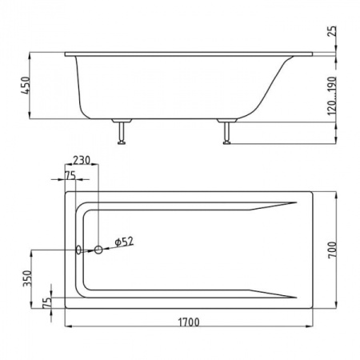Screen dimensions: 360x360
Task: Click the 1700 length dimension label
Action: [x=189, y=322]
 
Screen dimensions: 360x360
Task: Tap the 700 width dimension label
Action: [x=332, y=250]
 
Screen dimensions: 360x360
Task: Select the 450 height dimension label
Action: [x=26, y=86]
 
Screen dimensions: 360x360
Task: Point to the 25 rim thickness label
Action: [x=332, y=31]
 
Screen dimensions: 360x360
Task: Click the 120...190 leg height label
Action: [x=331, y=96]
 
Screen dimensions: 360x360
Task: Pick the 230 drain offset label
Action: [x=82, y=160]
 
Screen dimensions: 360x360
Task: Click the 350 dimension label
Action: [x=27, y=278]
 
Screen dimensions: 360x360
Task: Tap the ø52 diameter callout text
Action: [x=124, y=242]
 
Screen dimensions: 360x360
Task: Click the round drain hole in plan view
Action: [x=98, y=250]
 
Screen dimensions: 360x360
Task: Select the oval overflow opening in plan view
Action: [x=78, y=250]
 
